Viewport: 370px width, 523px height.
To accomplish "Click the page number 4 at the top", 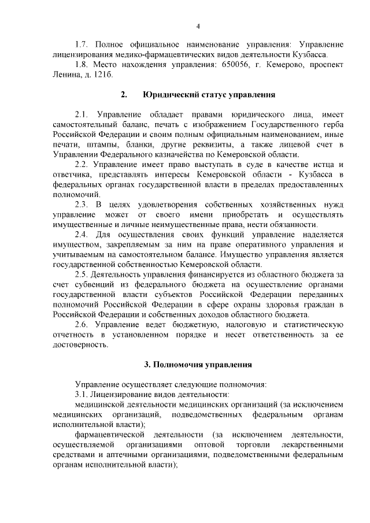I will pyautogui.click(x=198, y=26).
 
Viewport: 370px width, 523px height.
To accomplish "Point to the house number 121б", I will pyautogui.click(x=103, y=75).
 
